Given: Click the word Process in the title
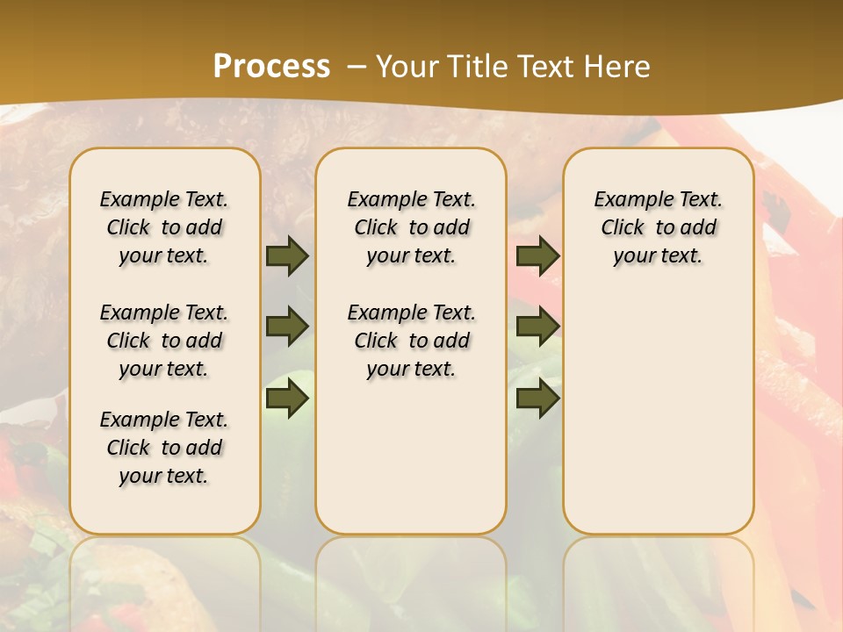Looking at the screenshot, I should pos(271,66).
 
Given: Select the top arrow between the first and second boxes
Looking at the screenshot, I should pos(287,255).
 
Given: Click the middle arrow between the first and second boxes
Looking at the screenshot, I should pos(287,327).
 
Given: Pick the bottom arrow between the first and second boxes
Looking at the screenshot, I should pos(287,399).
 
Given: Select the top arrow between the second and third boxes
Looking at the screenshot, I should pos(537,255).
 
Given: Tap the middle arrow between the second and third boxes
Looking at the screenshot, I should pos(537,327).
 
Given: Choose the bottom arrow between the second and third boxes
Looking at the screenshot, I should pos(537,399).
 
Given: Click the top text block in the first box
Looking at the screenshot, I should pos(164,227).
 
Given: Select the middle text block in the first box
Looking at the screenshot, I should pos(164,341).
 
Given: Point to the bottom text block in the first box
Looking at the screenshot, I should pos(164,448).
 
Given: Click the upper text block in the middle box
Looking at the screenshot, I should pos(411,227).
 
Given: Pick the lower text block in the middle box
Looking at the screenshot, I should pos(411,341).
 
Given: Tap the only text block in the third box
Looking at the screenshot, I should pos(658,227).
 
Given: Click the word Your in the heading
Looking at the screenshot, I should pos(407,66).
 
